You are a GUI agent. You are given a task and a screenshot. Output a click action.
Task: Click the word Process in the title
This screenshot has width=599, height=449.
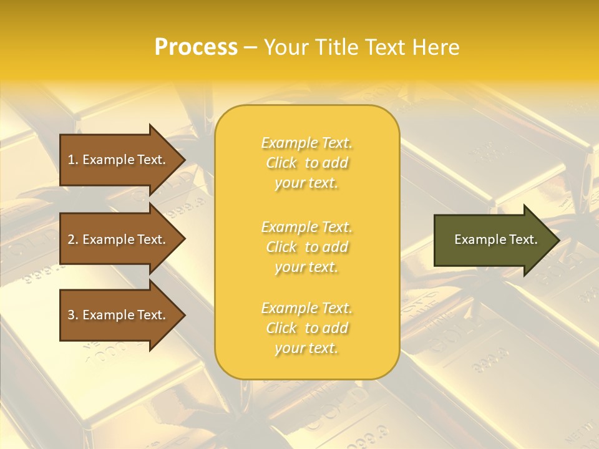coord(196,47)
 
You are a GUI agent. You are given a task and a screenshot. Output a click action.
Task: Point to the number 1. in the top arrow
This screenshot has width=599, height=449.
coord(73,160)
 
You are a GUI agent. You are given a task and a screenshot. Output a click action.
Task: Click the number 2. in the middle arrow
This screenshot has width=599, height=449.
coord(73,239)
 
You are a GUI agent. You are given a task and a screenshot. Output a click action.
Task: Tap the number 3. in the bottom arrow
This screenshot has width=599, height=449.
coord(73,315)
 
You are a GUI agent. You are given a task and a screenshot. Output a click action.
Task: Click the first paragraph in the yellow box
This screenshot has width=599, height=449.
coord(307,163)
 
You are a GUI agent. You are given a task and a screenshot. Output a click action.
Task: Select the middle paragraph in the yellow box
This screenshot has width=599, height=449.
coord(307,247)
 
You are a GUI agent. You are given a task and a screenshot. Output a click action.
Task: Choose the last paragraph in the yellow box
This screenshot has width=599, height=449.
coord(307,328)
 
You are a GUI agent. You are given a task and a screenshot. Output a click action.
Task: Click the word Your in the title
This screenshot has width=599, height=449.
coord(285,47)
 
